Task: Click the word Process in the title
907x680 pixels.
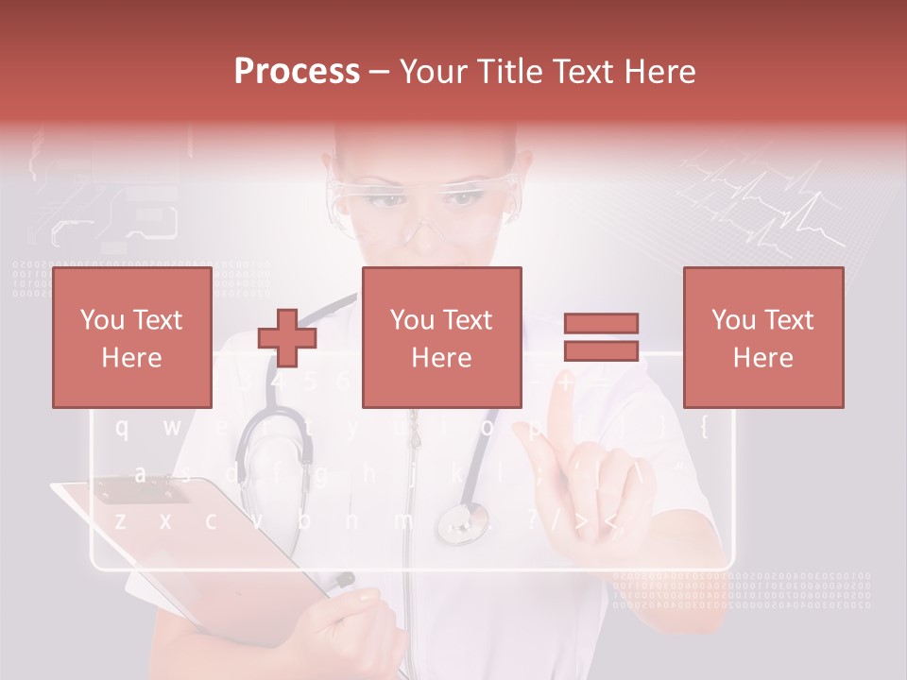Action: (x=297, y=71)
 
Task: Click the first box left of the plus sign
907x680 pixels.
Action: (x=132, y=337)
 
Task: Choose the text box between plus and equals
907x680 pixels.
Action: (x=441, y=337)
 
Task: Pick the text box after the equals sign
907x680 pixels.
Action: (x=762, y=337)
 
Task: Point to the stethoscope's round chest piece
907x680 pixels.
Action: (x=463, y=522)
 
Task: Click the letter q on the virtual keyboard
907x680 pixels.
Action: (x=122, y=428)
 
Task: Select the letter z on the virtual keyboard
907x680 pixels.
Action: (x=120, y=520)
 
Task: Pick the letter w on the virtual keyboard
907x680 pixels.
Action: (x=171, y=428)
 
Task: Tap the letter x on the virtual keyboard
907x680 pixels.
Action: (x=165, y=520)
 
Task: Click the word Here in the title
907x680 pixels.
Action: (x=660, y=71)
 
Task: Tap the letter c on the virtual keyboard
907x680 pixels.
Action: (x=211, y=520)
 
